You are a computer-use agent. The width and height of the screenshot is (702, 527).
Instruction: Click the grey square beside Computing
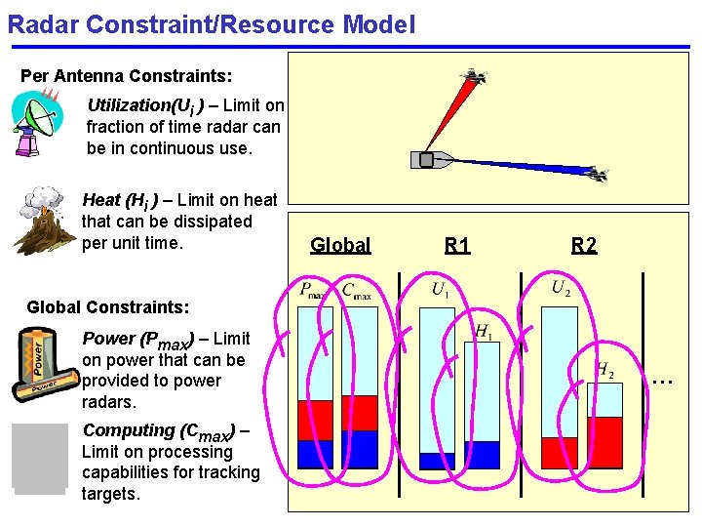(x=40, y=458)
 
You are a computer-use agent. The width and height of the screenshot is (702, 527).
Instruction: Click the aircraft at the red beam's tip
(x=474, y=76)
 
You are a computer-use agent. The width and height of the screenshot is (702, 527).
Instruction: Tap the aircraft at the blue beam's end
(x=596, y=174)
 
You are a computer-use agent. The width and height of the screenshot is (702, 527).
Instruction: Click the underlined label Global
(x=340, y=245)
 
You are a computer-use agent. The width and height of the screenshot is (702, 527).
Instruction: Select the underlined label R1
(x=457, y=245)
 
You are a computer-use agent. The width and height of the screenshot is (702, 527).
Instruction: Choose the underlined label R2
(x=584, y=245)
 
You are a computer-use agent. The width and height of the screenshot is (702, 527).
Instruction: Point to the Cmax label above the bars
(x=357, y=291)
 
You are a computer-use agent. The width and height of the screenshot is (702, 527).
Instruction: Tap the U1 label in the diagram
(x=441, y=289)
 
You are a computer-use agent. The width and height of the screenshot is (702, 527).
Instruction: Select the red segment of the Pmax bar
(x=315, y=420)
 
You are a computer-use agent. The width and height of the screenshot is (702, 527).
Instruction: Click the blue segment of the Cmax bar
(x=360, y=449)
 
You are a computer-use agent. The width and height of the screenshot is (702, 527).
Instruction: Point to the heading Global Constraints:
(x=107, y=307)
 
